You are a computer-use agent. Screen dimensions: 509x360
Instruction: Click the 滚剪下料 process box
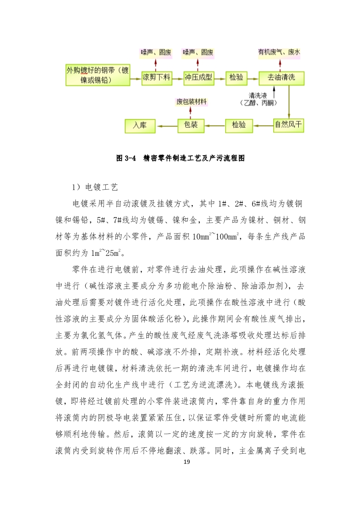[x=156, y=78]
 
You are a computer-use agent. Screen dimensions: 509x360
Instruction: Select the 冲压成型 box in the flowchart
[x=198, y=78]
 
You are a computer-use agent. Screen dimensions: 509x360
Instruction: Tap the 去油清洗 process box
[x=281, y=78]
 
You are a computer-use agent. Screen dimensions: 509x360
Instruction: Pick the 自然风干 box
[x=288, y=125]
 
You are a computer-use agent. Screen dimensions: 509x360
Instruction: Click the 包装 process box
[x=190, y=125]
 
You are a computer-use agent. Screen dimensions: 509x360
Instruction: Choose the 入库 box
[x=140, y=125]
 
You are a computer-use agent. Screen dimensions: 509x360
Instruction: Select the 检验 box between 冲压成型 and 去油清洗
[x=236, y=78]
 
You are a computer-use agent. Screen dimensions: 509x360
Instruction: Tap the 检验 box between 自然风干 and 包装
[x=239, y=125]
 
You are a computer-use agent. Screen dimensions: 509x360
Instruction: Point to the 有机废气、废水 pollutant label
[x=279, y=53]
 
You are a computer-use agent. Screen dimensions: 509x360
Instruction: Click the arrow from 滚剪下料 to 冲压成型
[x=177, y=78]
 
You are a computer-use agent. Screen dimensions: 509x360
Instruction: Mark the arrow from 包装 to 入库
[x=166, y=125]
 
